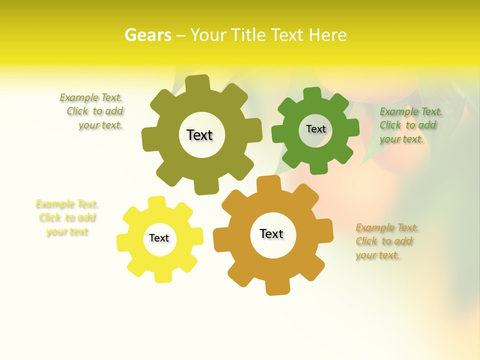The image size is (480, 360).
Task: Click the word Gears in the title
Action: click(148, 35)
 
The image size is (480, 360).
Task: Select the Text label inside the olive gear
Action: click(199, 135)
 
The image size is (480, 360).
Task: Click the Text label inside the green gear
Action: click(315, 129)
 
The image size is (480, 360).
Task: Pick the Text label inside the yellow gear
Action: click(159, 238)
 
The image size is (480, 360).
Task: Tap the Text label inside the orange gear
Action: click(271, 234)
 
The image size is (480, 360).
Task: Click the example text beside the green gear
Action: click(410, 125)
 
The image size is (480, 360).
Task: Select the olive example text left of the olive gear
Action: click(92, 111)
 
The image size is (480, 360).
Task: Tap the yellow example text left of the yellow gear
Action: click(67, 218)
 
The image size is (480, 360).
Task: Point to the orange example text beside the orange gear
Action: click(386, 241)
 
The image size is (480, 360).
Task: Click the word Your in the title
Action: click(206, 35)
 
